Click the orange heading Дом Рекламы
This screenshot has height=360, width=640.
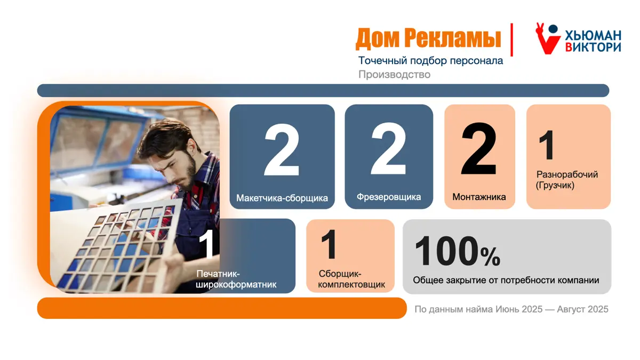coord(428,38)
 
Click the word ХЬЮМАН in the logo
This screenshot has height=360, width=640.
coord(593,35)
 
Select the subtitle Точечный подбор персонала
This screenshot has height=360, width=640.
coord(430,61)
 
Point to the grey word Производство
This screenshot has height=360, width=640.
coord(394,74)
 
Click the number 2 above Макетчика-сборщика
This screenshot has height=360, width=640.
coord(282,149)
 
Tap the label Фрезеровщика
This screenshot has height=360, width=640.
coord(389,197)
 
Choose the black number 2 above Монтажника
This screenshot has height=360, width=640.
coord(478,149)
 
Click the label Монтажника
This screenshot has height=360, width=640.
coord(479,197)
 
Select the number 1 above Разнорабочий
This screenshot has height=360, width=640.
coord(547,145)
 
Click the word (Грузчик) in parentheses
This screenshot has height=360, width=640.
coord(555,186)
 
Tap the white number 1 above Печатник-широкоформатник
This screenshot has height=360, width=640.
coord(206,244)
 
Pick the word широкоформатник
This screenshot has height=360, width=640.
coord(236,285)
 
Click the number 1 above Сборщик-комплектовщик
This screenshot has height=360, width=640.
coord(329,244)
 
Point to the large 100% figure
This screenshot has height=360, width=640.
coord(458,251)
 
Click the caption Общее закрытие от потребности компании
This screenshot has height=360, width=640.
coord(506,280)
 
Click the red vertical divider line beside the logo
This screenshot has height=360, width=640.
coord(511,39)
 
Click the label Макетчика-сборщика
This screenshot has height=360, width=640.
coord(282,198)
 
